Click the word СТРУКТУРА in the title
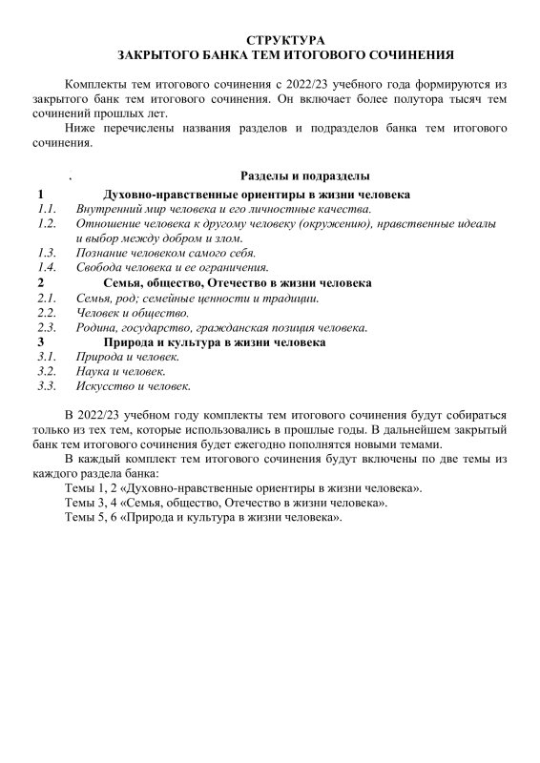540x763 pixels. tap(285, 40)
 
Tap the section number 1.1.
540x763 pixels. tap(47, 209)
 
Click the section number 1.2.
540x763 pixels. tap(47, 223)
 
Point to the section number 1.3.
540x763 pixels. tap(47, 253)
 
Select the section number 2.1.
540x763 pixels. tap(47, 299)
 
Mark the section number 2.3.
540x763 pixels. tap(47, 327)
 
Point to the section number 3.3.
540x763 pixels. tap(47, 386)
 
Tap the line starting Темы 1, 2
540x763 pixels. tap(242, 487)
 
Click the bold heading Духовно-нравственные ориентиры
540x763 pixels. tap(258, 195)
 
